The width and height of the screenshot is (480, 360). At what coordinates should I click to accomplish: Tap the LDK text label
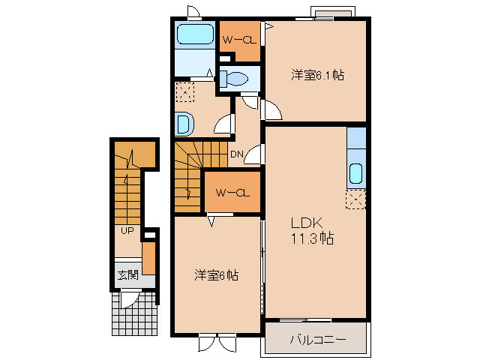307,223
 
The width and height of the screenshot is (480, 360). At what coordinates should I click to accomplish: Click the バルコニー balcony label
318,340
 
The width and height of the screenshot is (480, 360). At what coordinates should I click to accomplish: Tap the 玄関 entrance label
127,274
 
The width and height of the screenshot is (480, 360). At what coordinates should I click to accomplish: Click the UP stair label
127,230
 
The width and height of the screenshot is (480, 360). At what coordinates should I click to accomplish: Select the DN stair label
236,154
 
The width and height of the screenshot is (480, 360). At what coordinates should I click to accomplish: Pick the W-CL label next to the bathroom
238,40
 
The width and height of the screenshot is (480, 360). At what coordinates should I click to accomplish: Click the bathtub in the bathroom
195,34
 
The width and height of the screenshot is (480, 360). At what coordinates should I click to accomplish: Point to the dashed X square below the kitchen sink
356,199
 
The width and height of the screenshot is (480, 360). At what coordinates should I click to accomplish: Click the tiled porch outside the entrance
134,313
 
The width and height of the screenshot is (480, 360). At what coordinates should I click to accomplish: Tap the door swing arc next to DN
255,155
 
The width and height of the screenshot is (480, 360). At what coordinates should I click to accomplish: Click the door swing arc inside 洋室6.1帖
271,111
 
